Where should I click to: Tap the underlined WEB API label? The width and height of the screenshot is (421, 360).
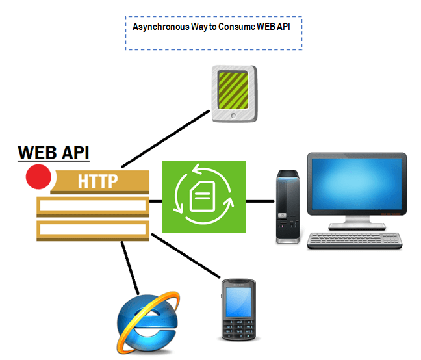click(53, 153)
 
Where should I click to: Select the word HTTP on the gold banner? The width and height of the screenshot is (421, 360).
click(97, 181)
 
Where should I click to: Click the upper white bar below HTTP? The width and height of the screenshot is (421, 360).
click(92, 207)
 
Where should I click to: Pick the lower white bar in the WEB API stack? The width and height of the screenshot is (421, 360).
click(92, 229)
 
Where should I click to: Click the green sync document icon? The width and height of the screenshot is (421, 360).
click(204, 196)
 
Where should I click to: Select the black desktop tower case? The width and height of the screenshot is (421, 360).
click(287, 206)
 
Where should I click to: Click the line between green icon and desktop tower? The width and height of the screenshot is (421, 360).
click(261, 201)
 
